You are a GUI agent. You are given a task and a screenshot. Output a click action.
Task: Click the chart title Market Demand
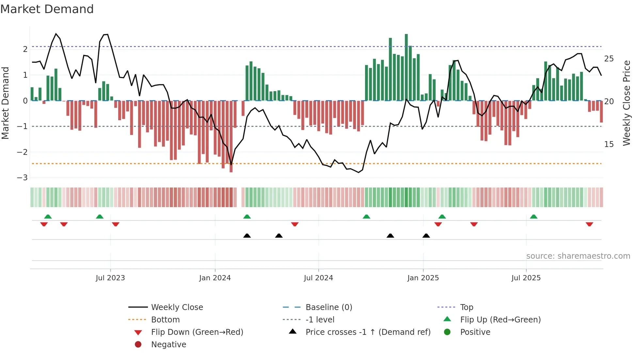point(47,9)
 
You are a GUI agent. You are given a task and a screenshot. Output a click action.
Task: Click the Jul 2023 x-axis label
point(110,278)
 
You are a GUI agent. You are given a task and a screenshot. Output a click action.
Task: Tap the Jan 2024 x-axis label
point(215,278)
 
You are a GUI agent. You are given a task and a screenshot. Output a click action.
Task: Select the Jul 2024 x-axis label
point(318,278)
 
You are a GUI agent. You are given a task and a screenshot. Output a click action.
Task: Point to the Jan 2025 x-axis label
point(423,278)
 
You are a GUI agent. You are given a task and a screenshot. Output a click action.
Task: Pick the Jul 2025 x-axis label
point(526,278)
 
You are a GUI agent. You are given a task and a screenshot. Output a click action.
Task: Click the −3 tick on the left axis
point(22,178)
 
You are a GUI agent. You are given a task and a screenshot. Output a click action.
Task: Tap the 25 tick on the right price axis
point(609,59)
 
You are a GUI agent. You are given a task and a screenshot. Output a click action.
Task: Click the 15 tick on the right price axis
point(609,144)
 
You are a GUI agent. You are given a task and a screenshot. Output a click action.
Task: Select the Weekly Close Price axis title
point(626,103)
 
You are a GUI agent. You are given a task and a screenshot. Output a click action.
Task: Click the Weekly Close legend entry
point(177,307)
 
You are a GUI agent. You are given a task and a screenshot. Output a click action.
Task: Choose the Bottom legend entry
point(165,319)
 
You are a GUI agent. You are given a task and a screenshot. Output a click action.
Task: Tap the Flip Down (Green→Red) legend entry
point(197,332)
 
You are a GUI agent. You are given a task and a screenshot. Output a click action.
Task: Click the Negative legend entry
point(168,344)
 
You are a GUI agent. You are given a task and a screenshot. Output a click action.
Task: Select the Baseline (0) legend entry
point(328,307)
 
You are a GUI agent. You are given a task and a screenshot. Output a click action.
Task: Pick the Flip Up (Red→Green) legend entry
point(500,319)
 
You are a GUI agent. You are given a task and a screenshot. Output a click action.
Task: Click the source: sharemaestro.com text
point(578,256)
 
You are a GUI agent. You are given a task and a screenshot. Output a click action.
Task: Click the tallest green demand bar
point(406,67)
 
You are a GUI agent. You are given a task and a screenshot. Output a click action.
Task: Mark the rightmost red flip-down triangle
point(589,224)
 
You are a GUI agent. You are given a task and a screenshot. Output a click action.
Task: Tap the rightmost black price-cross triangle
point(426,236)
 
